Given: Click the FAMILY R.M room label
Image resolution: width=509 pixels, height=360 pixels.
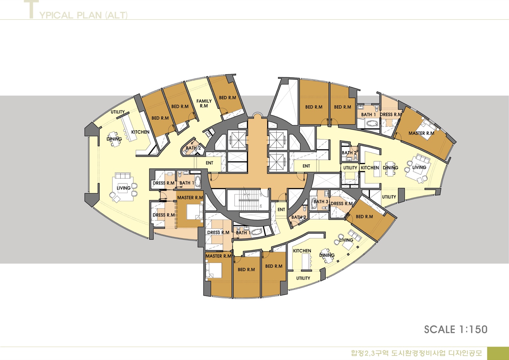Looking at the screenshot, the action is (x=204, y=103).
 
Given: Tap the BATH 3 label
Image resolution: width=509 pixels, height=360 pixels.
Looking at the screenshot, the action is (x=321, y=201).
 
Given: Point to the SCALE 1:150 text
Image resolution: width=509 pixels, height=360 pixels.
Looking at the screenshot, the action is (x=456, y=329).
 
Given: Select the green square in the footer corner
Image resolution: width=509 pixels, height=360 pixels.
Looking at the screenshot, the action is (x=498, y=353).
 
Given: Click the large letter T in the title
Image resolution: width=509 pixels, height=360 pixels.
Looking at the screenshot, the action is (x=31, y=9).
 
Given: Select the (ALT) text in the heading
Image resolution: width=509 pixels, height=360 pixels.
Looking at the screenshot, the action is (x=116, y=15).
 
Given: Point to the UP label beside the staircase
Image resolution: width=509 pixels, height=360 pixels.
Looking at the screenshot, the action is (x=261, y=195).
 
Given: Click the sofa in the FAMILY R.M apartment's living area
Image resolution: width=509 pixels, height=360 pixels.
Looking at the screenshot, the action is (x=123, y=176).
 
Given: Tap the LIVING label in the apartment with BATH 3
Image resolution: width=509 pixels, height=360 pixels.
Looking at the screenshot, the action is (x=346, y=240).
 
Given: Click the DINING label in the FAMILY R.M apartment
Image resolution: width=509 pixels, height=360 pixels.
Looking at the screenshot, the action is (x=114, y=139).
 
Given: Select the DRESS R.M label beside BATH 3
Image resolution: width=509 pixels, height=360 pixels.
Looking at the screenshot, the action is (x=342, y=203).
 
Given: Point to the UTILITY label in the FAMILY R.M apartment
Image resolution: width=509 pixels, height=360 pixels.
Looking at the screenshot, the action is (x=118, y=112).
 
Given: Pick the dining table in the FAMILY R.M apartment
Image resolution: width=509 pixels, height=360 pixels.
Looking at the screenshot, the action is (x=114, y=139).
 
